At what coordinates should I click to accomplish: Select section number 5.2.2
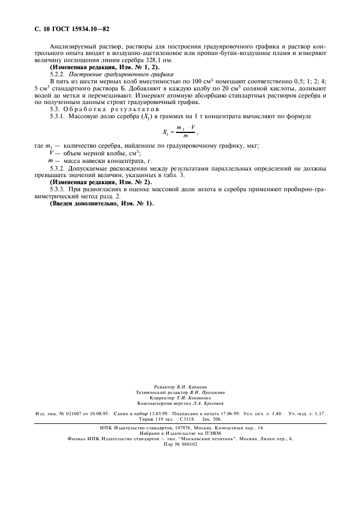[x=57, y=74]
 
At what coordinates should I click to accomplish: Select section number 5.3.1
[x=57, y=116]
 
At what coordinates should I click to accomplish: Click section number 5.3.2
[x=57, y=169]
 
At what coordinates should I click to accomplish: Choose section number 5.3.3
[x=57, y=189]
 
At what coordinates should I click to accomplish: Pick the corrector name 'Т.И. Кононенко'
[x=191, y=397]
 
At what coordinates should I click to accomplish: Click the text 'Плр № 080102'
[x=180, y=444]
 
